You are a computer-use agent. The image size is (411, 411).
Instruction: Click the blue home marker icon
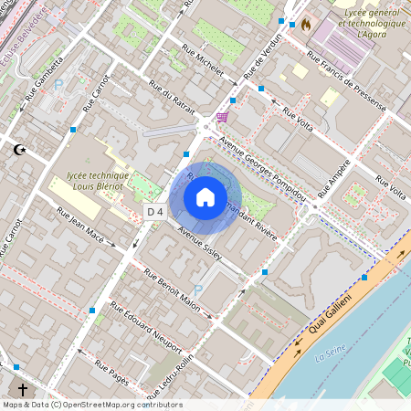click(205, 197)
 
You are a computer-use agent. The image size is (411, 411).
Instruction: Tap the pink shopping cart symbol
click(222, 117)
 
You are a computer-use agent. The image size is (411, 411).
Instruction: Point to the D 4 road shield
click(154, 211)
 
